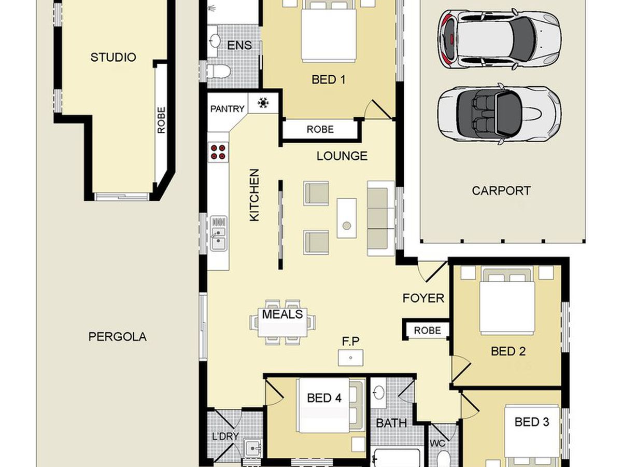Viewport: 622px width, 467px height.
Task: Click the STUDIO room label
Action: (x=113, y=57)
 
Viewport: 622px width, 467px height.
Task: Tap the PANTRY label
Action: (x=227, y=108)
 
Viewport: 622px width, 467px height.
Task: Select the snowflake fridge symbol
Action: (x=263, y=103)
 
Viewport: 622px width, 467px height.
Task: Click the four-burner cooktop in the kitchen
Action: (x=218, y=152)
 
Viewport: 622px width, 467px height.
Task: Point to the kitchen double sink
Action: (x=219, y=233)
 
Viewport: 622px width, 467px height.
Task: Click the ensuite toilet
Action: (x=218, y=71)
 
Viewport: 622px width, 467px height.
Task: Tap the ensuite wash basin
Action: (x=215, y=41)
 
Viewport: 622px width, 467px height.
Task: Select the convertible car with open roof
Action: (x=499, y=114)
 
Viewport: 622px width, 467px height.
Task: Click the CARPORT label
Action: (x=501, y=190)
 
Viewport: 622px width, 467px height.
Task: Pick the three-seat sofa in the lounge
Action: (x=380, y=218)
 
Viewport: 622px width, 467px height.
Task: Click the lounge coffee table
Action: (x=347, y=218)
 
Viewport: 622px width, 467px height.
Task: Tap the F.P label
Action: (x=350, y=341)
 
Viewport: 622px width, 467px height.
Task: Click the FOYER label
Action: (x=423, y=298)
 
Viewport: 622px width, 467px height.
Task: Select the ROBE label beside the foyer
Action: (x=427, y=331)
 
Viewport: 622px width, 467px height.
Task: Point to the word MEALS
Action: (x=282, y=314)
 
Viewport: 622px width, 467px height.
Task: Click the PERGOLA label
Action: (x=117, y=337)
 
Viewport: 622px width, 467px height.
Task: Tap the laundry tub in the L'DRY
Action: (x=253, y=448)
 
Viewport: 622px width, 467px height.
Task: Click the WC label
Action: (x=437, y=443)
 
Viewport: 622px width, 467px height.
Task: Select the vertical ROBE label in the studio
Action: (x=161, y=120)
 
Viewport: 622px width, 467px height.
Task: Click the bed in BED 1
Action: (x=329, y=31)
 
